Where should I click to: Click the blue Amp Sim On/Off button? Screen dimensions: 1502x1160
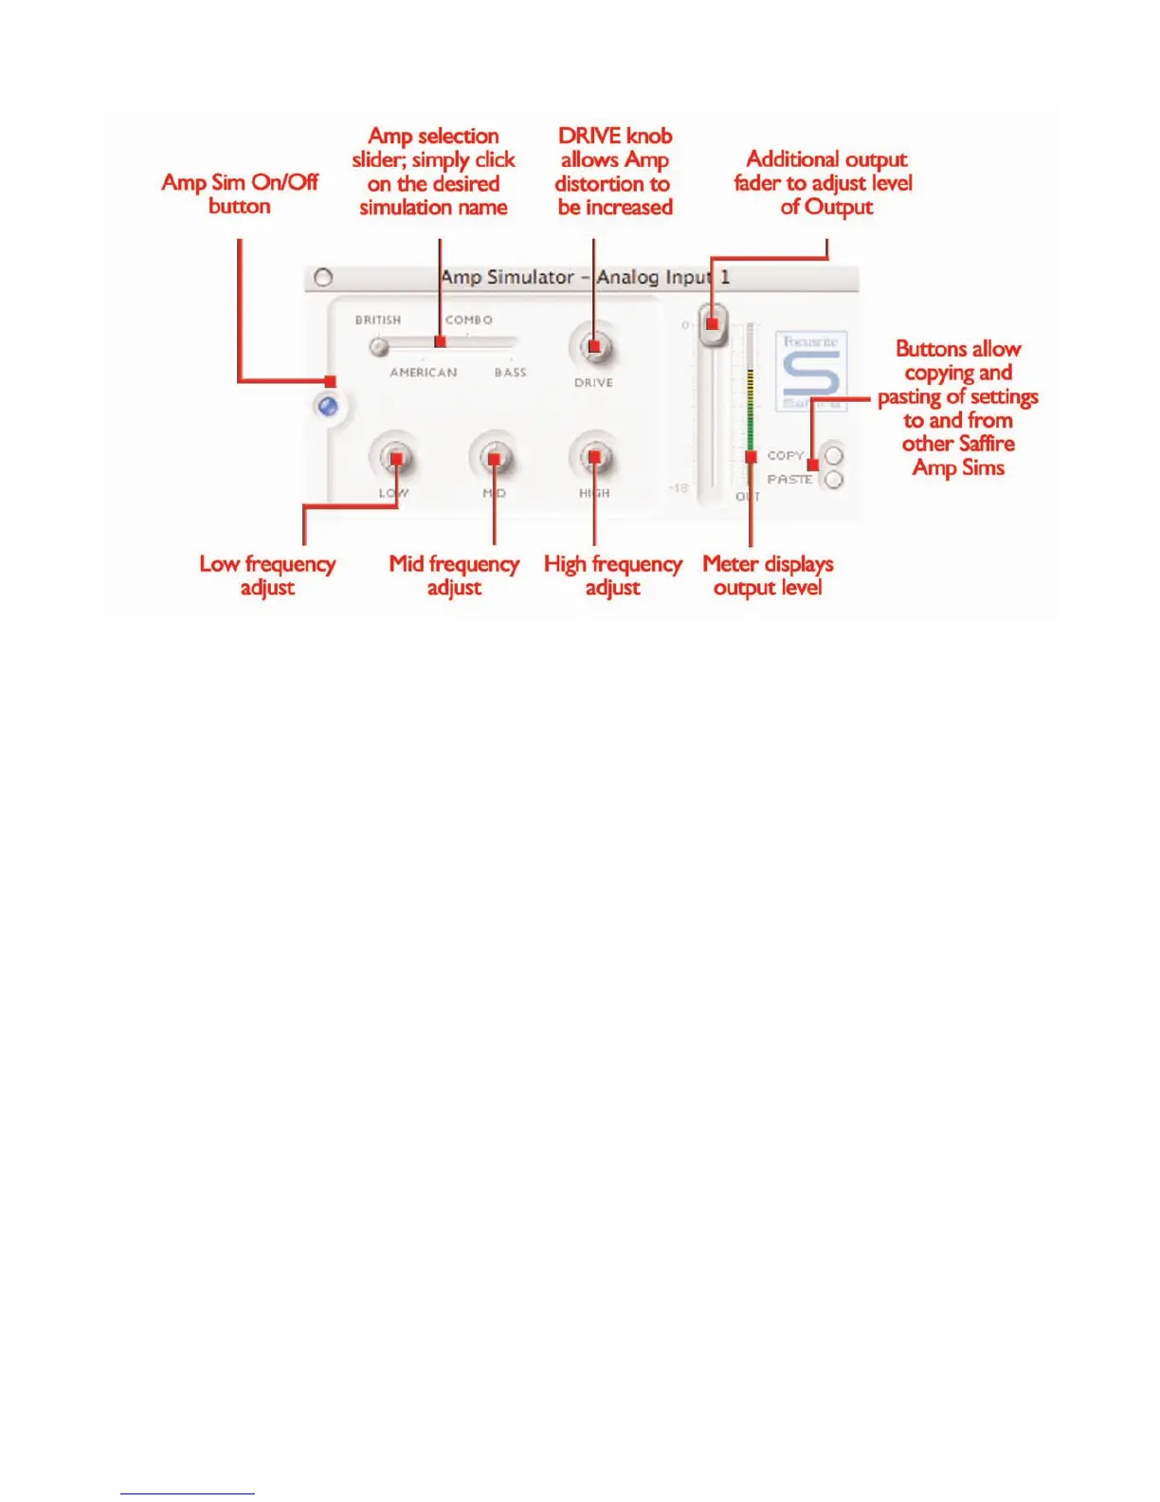tap(328, 408)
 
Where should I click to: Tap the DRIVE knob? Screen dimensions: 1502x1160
tap(593, 348)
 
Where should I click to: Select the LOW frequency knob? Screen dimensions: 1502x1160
tap(394, 459)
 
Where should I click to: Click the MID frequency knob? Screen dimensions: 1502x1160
tap(493, 459)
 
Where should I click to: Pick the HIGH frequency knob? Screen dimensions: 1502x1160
tap(593, 459)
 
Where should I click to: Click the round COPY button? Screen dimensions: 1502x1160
tap(834, 456)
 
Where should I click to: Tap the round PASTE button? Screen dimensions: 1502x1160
tap(834, 480)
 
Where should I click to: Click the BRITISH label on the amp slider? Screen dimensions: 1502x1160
tap(378, 321)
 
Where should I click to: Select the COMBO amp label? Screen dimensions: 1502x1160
tap(469, 321)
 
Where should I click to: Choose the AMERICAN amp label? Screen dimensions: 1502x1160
tap(424, 373)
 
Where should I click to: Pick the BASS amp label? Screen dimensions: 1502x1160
tap(510, 373)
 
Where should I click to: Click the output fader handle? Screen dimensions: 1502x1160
tap(713, 324)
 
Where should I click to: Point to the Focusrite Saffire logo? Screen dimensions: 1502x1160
tap(811, 371)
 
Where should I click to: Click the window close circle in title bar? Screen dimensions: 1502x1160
tap(323, 278)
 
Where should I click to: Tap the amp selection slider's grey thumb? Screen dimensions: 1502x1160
tap(379, 347)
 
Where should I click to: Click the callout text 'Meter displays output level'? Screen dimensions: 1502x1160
tap(768, 576)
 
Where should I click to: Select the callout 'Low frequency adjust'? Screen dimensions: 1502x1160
tap(267, 576)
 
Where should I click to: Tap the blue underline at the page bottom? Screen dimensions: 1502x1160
tap(188, 1493)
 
